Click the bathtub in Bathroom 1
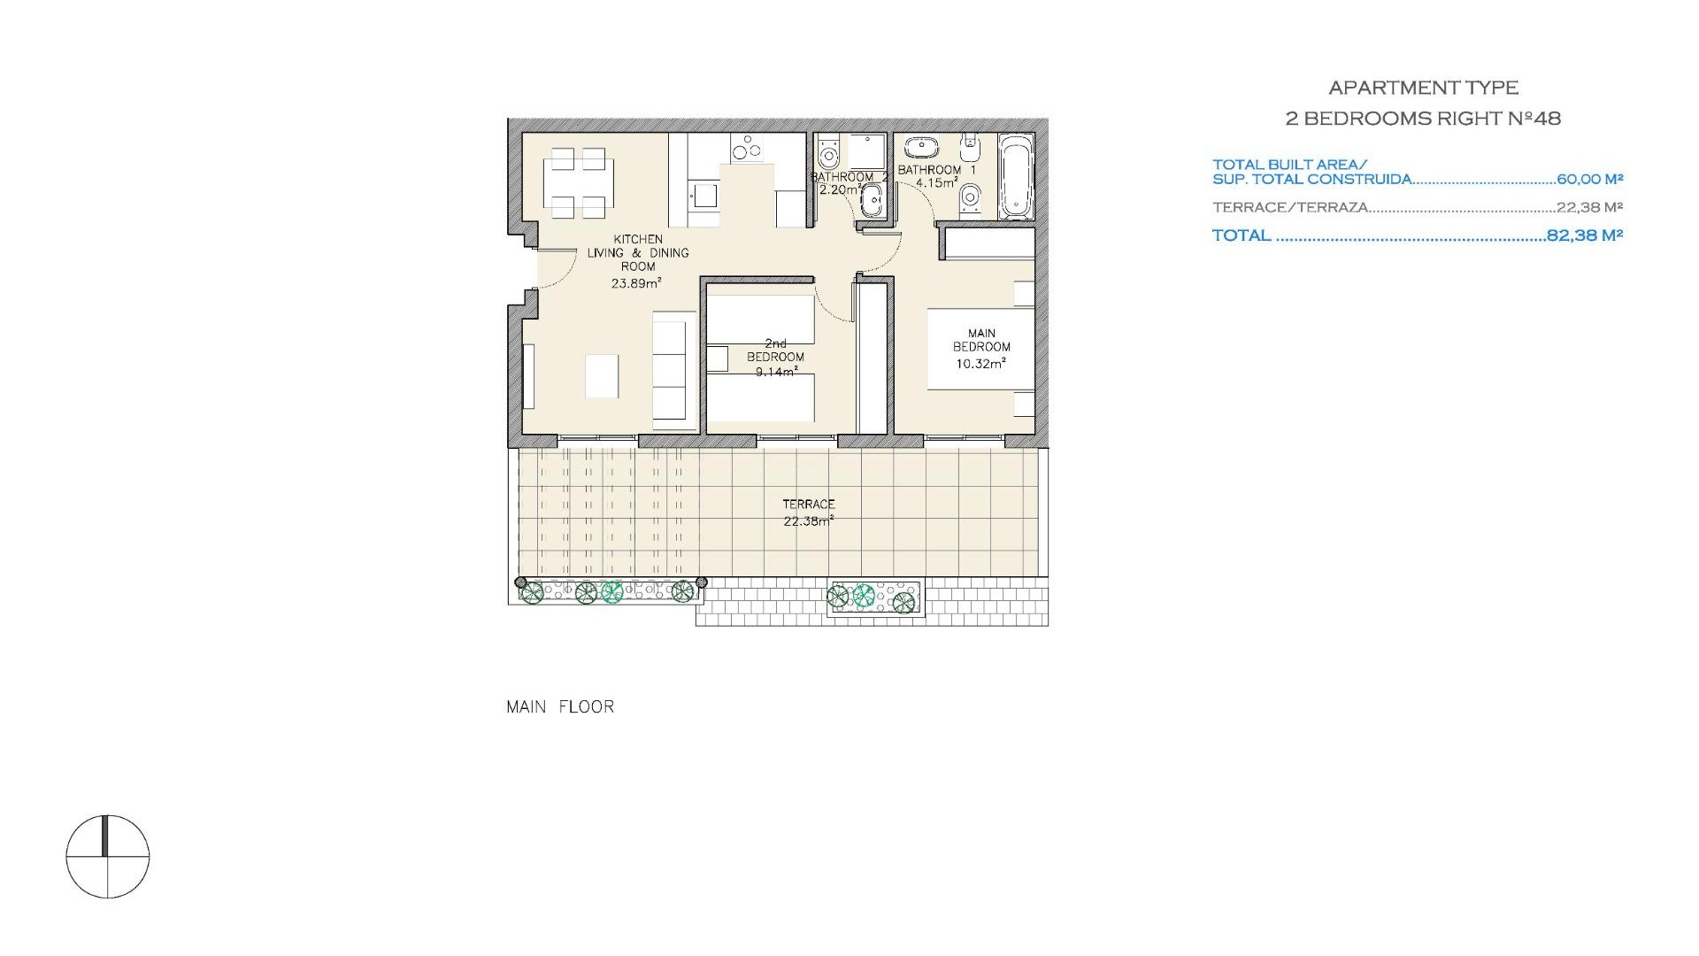click(x=1015, y=176)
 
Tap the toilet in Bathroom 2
click(x=828, y=155)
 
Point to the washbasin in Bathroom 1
click(x=921, y=147)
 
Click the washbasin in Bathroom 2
click(x=872, y=202)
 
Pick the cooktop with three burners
click(x=748, y=148)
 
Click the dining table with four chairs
click(x=580, y=183)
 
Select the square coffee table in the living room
click(x=602, y=376)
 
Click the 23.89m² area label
click(x=636, y=284)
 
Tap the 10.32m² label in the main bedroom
click(x=980, y=363)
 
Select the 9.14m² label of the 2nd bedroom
click(x=775, y=373)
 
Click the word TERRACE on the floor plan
click(x=808, y=505)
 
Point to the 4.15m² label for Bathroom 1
click(x=937, y=183)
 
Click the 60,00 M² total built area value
click(x=1589, y=179)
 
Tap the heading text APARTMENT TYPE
click(x=1423, y=88)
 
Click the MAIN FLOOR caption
click(x=560, y=706)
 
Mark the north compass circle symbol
click(x=108, y=857)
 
